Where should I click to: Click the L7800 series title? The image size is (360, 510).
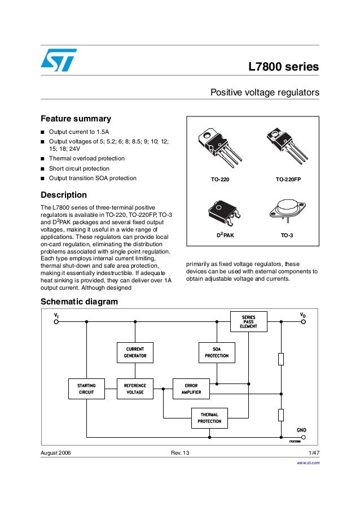[284, 67]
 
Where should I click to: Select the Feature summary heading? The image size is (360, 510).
[76, 119]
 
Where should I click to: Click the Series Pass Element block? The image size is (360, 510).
[248, 322]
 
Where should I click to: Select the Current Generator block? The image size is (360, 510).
[135, 352]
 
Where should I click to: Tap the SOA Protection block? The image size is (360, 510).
[216, 352]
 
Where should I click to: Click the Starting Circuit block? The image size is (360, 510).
[86, 389]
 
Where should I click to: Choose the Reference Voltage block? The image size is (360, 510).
[135, 389]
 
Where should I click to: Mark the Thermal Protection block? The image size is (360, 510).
[209, 418]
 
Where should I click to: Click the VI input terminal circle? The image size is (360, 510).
[56, 322]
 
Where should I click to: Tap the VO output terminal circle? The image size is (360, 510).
[304, 322]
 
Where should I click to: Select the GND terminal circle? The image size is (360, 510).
[304, 437]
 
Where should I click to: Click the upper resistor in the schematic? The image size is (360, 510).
[280, 359]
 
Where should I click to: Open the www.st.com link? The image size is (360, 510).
[308, 463]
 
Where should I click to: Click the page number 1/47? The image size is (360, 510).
[314, 454]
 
